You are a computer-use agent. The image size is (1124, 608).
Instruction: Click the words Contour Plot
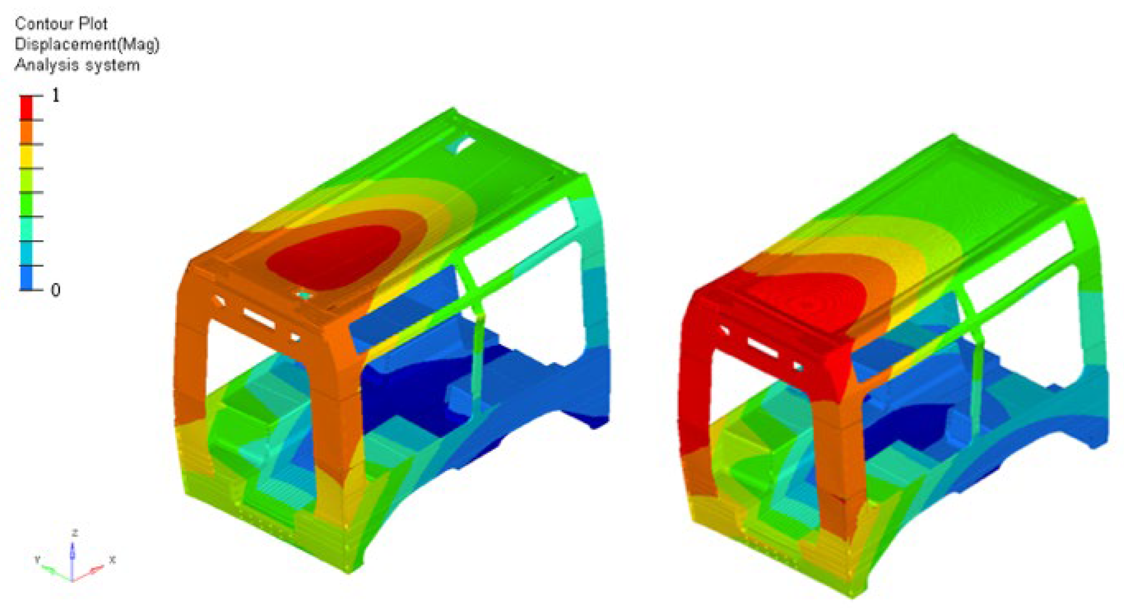(x=61, y=24)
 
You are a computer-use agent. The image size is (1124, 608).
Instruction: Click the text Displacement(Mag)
(x=87, y=45)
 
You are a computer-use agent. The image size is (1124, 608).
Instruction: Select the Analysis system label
(x=77, y=65)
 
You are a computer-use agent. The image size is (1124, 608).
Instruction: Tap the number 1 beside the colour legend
(x=55, y=95)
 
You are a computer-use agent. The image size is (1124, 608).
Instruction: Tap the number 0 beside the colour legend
(x=55, y=290)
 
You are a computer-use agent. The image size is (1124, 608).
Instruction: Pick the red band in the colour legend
(x=26, y=107)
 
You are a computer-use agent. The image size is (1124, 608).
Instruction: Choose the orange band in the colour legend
(x=26, y=132)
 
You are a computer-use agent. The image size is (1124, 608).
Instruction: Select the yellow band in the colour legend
(x=26, y=156)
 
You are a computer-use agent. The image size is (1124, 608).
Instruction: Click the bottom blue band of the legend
(x=26, y=278)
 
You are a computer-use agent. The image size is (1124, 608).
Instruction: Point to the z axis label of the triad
(x=75, y=532)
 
